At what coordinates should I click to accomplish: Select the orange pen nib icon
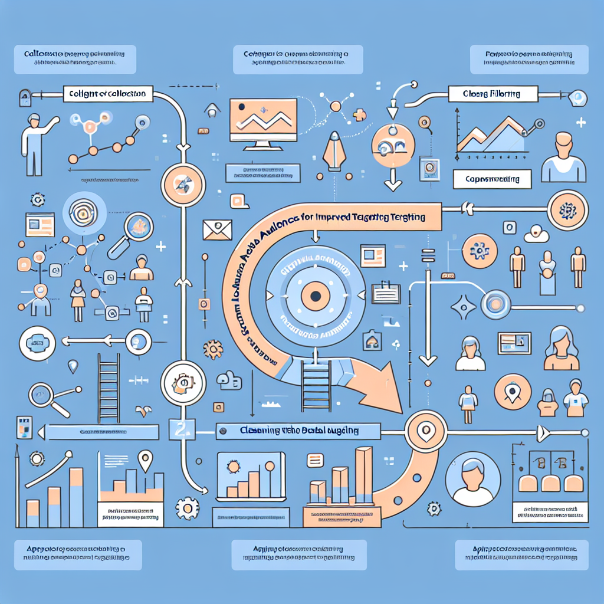click(334, 146)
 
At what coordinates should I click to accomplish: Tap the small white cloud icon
click(537, 234)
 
